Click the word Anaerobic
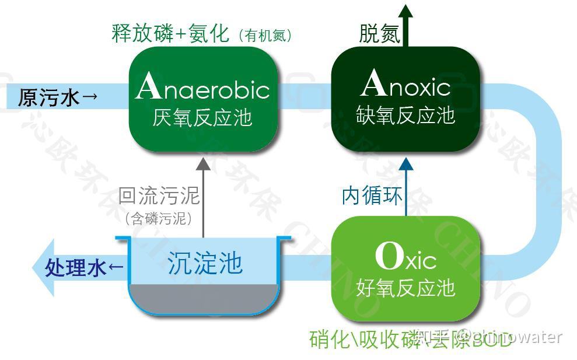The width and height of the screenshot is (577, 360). point(202,88)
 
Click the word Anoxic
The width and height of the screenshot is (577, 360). point(405,86)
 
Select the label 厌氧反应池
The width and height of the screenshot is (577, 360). point(202,118)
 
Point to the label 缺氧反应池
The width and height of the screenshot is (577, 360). point(405,116)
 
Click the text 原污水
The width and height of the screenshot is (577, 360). point(48,97)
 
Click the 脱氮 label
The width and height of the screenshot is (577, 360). point(379,34)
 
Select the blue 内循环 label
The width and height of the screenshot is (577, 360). point(372,196)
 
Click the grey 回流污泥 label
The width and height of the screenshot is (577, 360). point(159,195)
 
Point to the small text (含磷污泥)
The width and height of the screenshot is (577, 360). point(159,219)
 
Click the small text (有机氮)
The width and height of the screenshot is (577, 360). point(265,36)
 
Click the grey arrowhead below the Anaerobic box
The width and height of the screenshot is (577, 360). point(203,163)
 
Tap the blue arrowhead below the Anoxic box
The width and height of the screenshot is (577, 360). point(406,163)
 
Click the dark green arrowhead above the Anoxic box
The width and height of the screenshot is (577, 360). point(406,11)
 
